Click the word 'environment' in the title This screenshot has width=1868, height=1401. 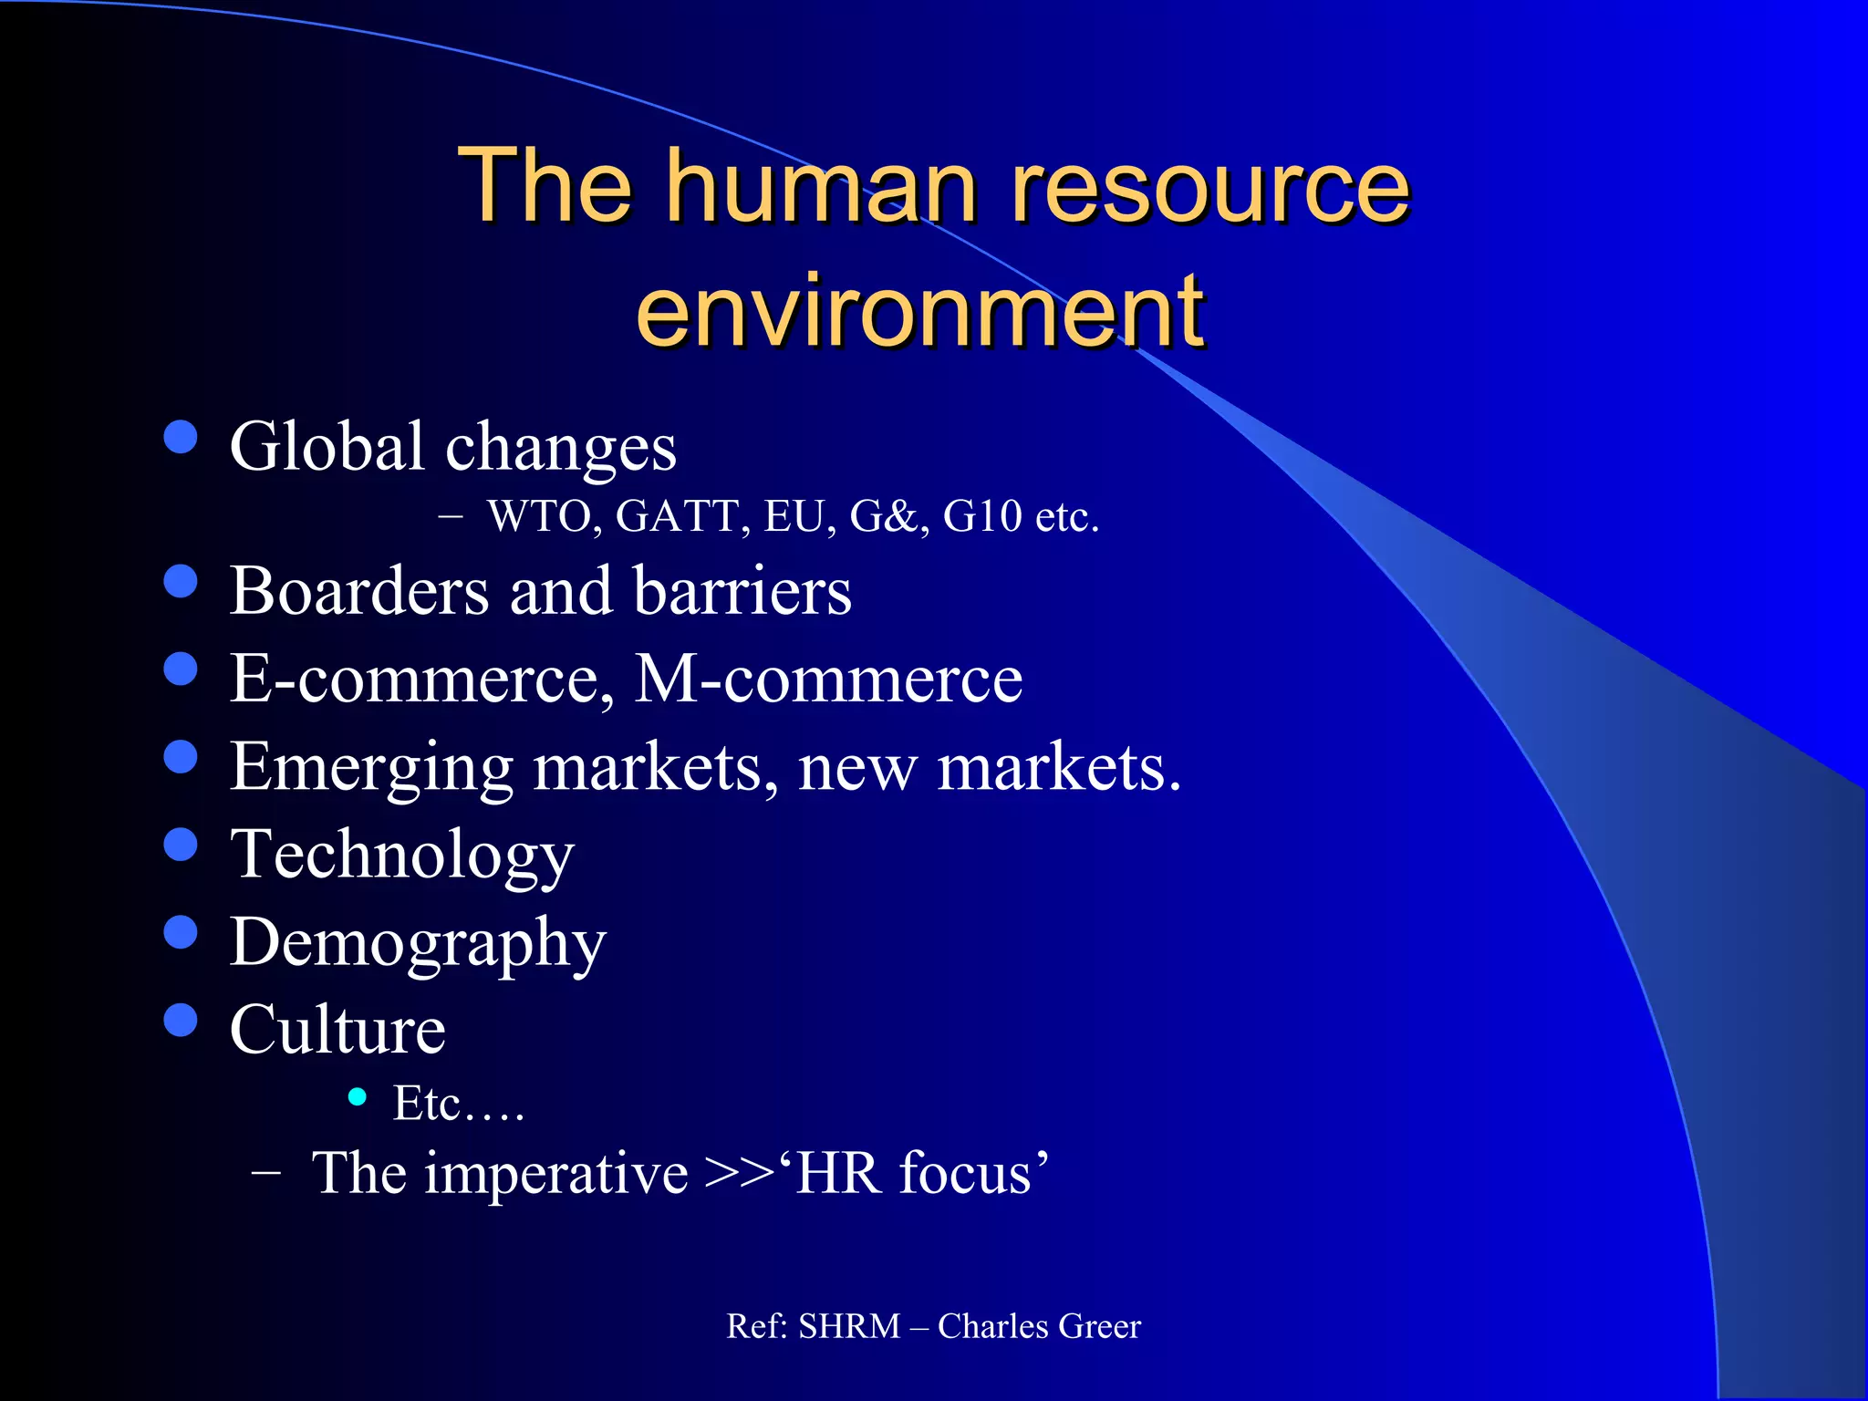click(919, 312)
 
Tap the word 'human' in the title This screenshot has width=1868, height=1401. click(825, 187)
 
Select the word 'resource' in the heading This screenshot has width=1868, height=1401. click(1211, 187)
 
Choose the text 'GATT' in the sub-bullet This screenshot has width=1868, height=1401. click(676, 516)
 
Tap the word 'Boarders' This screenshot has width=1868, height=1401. click(359, 591)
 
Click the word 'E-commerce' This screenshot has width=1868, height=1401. click(415, 679)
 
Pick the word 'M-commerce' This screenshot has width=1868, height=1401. click(828, 679)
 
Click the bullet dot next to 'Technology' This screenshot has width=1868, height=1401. click(181, 844)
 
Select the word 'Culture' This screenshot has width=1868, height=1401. click(337, 1030)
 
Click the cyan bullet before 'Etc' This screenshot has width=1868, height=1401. click(358, 1096)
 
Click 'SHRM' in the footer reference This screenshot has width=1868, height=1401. click(849, 1326)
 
